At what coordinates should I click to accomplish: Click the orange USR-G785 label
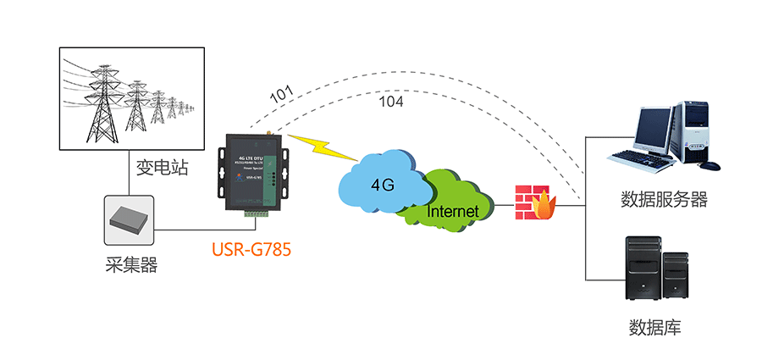click(x=251, y=250)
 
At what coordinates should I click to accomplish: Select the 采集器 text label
click(x=126, y=265)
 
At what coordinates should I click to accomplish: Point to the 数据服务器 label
click(x=664, y=200)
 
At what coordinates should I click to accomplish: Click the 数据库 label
click(x=655, y=327)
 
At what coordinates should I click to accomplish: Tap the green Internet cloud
click(x=453, y=208)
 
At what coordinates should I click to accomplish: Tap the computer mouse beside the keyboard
click(x=713, y=164)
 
